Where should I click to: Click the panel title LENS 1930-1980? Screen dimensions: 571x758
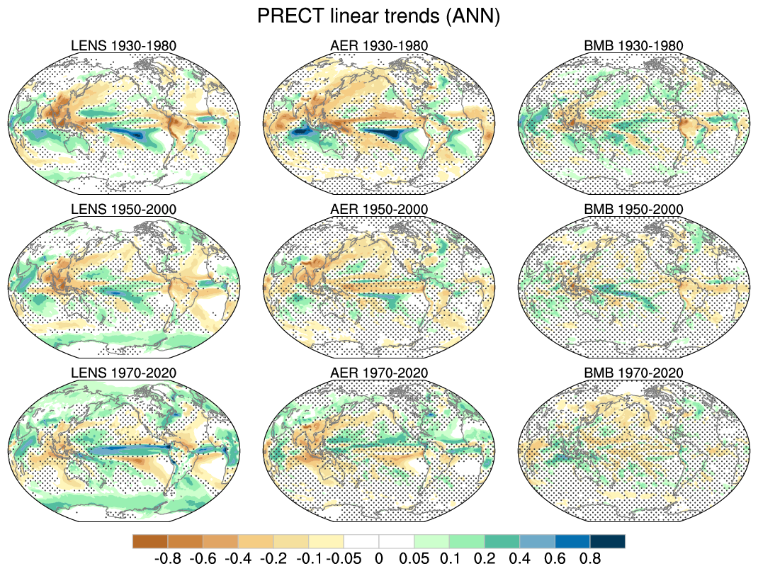(x=124, y=46)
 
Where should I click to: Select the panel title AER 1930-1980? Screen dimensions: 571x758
(x=379, y=46)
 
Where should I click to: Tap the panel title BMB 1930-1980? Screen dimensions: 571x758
(x=634, y=46)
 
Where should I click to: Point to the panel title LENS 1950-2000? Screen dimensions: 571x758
(x=124, y=210)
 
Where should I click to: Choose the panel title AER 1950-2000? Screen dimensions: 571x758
(x=379, y=210)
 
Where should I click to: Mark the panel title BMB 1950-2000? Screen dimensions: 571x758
(x=634, y=210)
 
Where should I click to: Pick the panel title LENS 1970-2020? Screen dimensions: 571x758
(x=124, y=373)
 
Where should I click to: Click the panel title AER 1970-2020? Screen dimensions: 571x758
(x=379, y=373)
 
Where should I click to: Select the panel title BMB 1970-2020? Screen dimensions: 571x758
(x=634, y=373)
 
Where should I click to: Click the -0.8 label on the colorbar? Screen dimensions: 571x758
(x=167, y=558)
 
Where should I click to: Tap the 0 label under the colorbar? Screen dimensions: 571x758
(x=379, y=558)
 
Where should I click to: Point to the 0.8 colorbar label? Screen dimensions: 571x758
(x=590, y=558)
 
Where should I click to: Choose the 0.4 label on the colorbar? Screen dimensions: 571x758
(x=520, y=558)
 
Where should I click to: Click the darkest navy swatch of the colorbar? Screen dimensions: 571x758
(x=608, y=541)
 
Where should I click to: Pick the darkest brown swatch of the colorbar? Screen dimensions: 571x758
(x=150, y=541)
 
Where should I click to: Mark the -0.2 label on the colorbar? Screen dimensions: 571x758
(x=273, y=558)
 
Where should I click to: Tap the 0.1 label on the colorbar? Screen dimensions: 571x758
(x=449, y=558)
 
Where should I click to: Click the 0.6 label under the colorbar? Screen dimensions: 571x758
(x=555, y=558)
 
